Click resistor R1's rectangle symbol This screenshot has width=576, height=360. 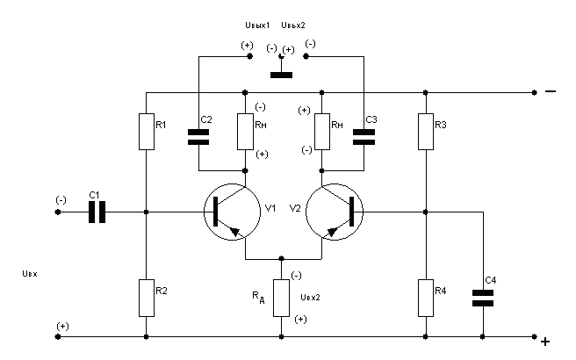pos(147,132)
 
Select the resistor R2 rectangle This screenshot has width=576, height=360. pos(147,298)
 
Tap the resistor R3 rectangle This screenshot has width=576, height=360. pos(425,132)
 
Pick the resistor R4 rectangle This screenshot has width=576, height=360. pos(425,298)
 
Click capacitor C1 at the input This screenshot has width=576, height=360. pos(97,212)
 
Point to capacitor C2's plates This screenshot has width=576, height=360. pos(198,137)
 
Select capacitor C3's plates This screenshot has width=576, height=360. pos(364,137)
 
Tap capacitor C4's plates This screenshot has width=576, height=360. pos(483,298)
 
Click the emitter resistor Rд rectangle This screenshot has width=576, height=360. pos(281,298)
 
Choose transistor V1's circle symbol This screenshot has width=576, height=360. pos(233,212)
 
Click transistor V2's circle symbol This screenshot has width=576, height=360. pos(335,212)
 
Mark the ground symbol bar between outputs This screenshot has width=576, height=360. pos(281,75)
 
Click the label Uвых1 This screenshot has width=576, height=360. pos(257,25)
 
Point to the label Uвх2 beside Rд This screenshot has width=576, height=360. pos(310,297)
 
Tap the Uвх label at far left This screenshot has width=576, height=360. pos(30,274)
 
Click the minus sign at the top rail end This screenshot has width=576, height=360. pos(551,91)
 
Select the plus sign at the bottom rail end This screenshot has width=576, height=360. pos(545,342)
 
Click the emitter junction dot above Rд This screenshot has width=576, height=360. pos(281,259)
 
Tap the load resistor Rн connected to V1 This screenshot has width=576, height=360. pos(245,132)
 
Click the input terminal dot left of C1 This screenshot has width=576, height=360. pos(58,212)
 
